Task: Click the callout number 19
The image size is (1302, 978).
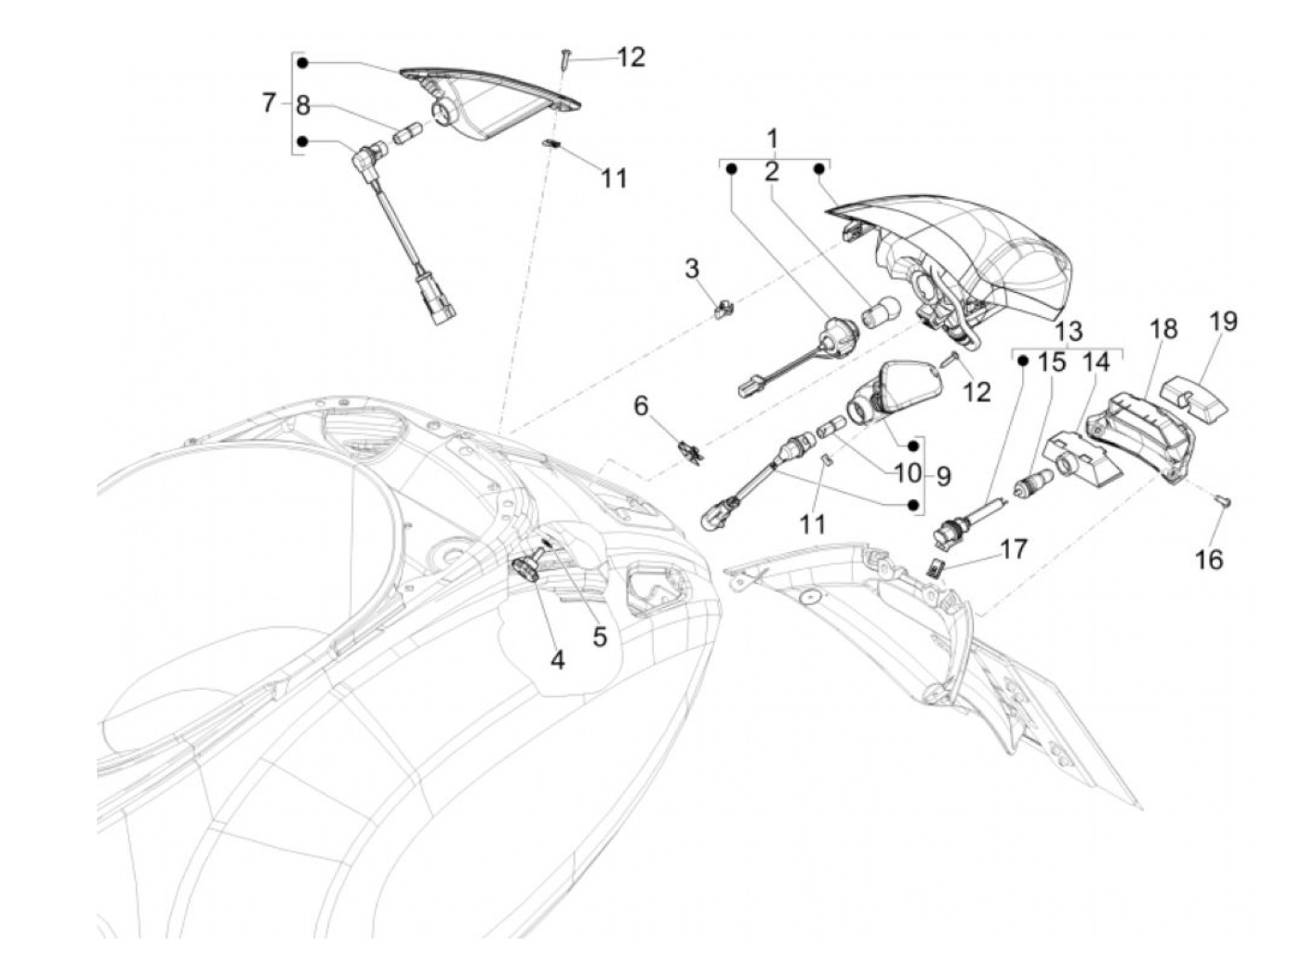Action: tap(1224, 322)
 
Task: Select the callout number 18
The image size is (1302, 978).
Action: tap(1162, 329)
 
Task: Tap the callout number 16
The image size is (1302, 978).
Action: tap(1210, 560)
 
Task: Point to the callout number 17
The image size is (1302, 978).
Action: tap(1014, 548)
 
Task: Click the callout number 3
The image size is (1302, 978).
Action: tap(691, 270)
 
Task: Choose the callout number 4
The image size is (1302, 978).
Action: tap(557, 660)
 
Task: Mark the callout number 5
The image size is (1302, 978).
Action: tap(599, 637)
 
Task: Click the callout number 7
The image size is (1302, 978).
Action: tap(269, 102)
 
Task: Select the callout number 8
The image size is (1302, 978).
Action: tap(302, 106)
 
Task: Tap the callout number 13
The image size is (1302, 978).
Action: tap(1069, 331)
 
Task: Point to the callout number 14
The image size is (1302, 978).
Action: tap(1096, 362)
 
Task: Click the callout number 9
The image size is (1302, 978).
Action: tap(943, 476)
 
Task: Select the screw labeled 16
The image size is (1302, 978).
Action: tap(1221, 502)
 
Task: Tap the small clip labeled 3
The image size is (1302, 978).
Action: tap(723, 307)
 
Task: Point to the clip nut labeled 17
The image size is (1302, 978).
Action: tap(937, 565)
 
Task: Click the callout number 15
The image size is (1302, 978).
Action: tap(1051, 362)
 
